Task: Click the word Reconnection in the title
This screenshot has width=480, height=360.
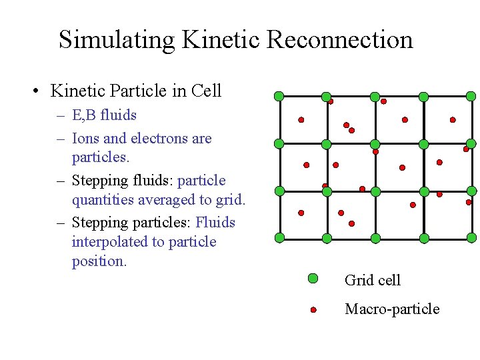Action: [x=340, y=39]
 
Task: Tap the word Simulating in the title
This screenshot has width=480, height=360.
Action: [x=117, y=39]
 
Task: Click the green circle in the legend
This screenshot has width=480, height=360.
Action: [x=313, y=279]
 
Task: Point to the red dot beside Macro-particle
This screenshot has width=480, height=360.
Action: [x=313, y=310]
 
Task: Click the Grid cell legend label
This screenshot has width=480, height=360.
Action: [x=373, y=280]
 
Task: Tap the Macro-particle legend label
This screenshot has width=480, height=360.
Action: [x=392, y=309]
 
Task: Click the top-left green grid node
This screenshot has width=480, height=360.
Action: [x=279, y=96]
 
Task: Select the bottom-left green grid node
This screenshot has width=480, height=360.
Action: [x=279, y=238]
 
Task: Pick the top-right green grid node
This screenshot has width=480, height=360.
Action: [x=471, y=96]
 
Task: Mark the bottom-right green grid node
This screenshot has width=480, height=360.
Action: [x=471, y=238]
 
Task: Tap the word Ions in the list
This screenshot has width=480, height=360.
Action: [x=85, y=139]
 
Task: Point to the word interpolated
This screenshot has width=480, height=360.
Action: [x=107, y=241]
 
